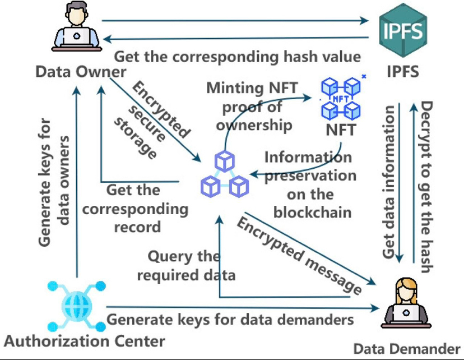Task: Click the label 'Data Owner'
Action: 81,72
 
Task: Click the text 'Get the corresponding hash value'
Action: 238,57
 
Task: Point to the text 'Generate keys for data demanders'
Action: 230,320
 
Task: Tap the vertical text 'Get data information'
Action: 389,183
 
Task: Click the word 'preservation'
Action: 310,176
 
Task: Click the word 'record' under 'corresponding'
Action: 137,227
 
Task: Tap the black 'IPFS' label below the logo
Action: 402,72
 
